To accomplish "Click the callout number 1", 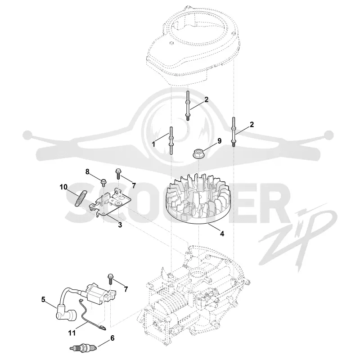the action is click(153, 144).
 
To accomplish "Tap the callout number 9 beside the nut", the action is click(220, 141).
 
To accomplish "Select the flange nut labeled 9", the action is click(198, 153).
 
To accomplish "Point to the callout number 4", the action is click(222, 234).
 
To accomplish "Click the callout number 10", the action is click(63, 187).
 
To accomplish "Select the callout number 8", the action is click(87, 171).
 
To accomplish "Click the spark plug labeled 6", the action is click(83, 348).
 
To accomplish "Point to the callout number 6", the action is click(112, 338).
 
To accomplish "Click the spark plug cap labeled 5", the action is click(66, 314).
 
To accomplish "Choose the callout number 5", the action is click(43, 300).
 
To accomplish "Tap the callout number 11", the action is click(72, 333).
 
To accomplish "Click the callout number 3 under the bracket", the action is click(120, 225).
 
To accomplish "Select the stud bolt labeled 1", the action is click(171, 140).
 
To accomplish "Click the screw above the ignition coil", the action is click(110, 279).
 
